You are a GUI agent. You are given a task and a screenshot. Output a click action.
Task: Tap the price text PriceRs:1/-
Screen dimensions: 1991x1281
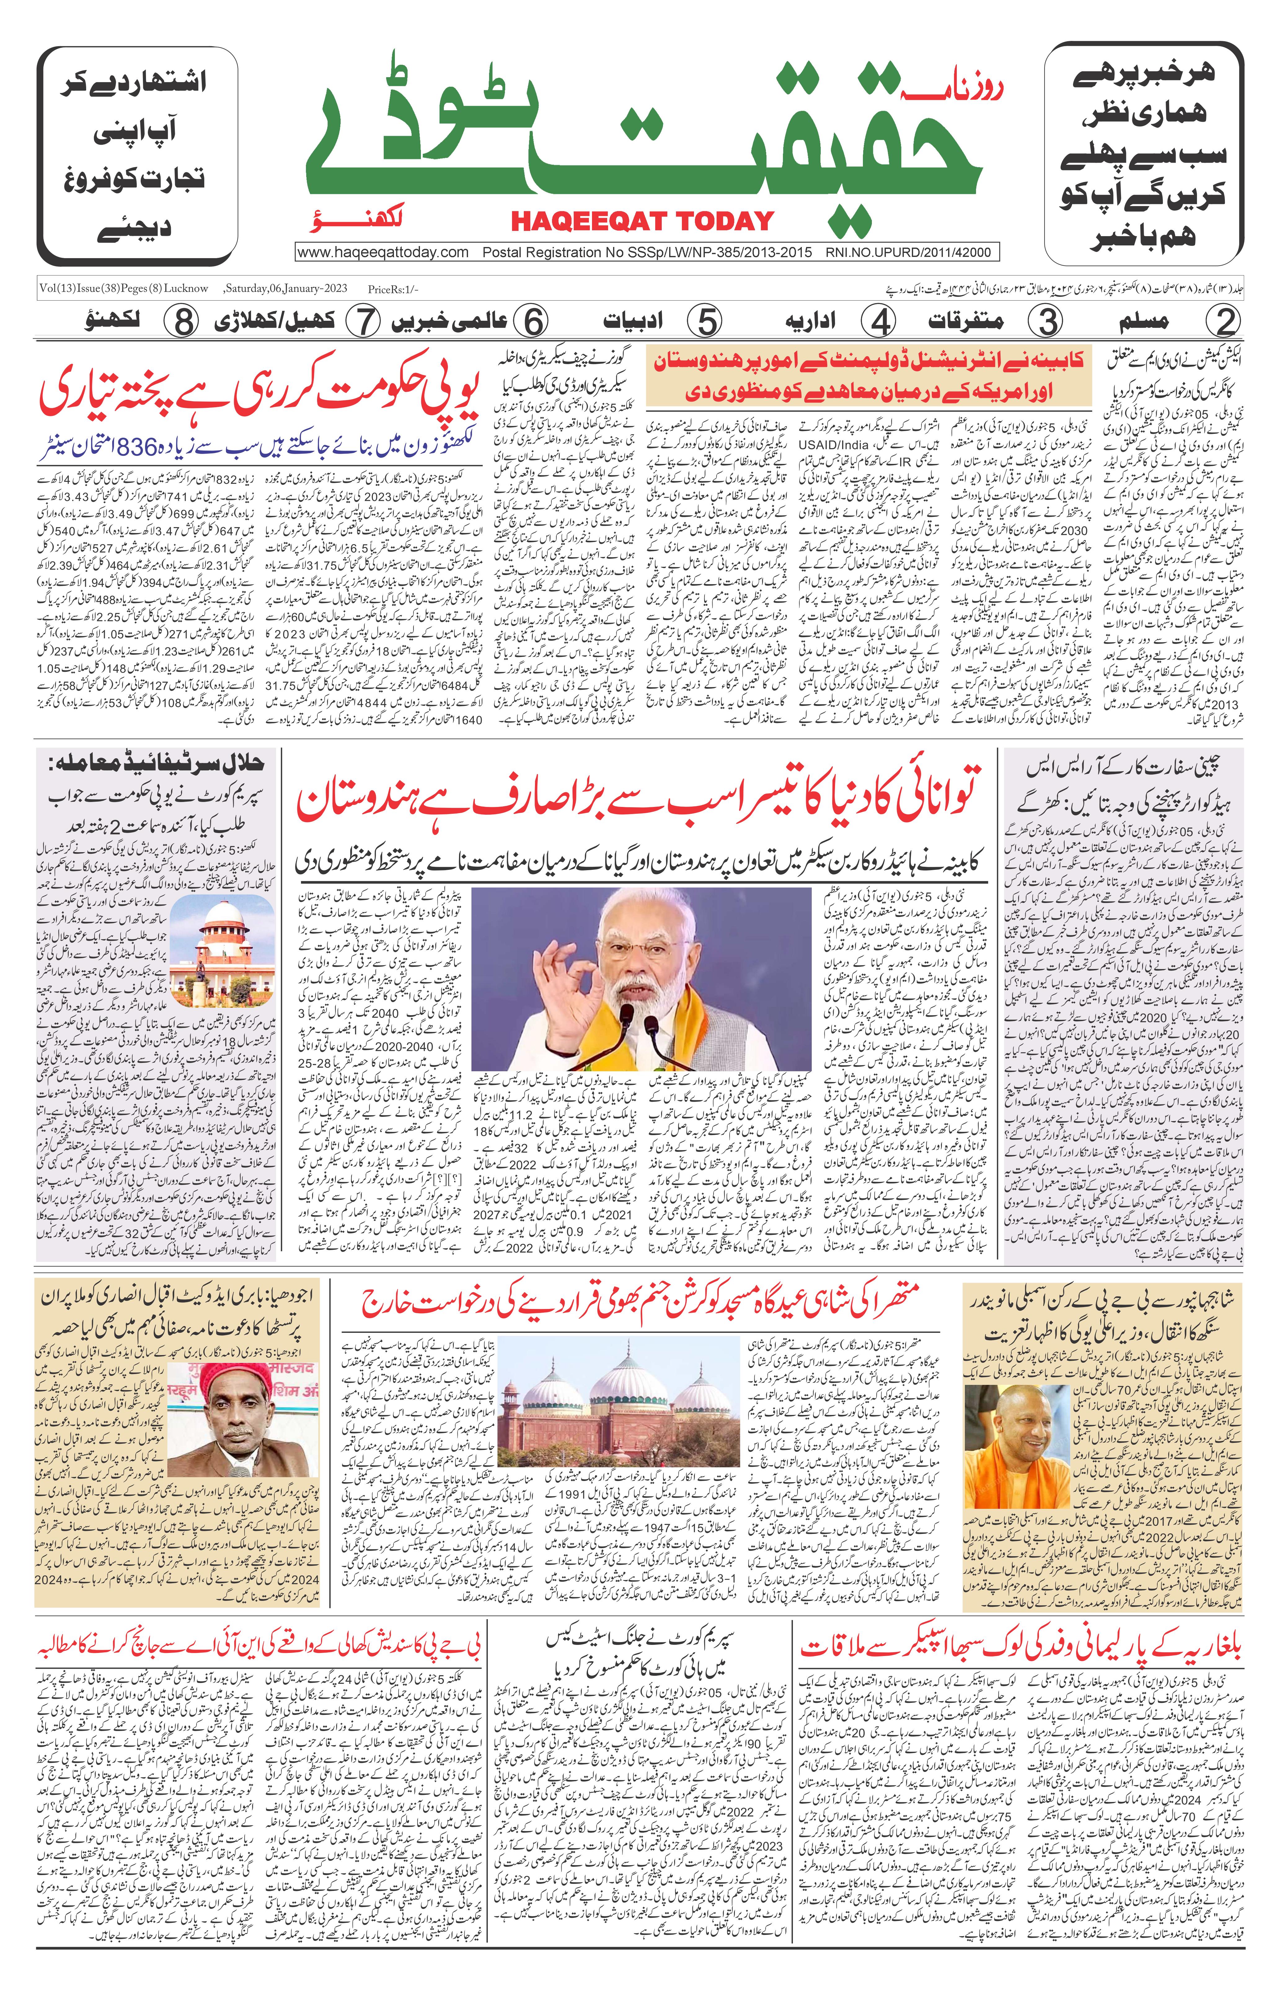tap(393, 289)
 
